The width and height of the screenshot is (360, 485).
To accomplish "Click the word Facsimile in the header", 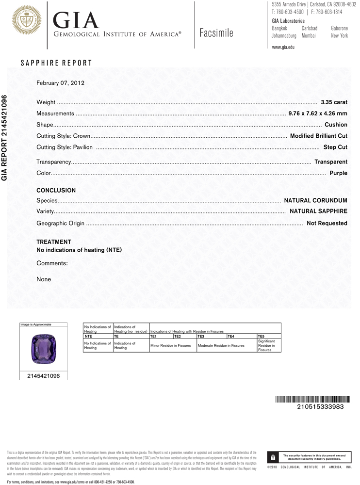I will point(216,33).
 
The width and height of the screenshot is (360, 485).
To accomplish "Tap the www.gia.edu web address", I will point(283,47).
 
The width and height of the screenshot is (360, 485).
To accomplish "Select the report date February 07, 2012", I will point(61,83).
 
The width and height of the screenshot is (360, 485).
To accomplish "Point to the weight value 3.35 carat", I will point(334,102).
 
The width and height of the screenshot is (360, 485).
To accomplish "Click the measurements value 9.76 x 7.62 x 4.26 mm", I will point(318,113).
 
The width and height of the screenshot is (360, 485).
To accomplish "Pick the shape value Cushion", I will point(336,125).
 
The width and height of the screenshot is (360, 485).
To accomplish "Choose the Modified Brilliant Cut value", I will point(318,136).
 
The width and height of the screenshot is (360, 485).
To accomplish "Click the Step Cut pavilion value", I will point(335,147).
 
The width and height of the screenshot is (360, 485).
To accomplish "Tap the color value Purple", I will point(338,173).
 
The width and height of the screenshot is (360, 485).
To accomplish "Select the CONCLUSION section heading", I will point(56,191).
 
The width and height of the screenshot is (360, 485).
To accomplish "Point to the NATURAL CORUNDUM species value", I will point(315,200).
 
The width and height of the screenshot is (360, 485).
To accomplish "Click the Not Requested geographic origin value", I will point(327,223).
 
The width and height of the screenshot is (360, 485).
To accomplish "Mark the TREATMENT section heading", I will point(54,242).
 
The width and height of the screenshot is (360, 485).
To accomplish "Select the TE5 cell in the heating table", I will point(261,336).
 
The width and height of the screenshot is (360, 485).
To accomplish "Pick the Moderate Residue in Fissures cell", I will point(221,345).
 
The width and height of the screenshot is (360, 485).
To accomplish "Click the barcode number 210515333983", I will point(320,406).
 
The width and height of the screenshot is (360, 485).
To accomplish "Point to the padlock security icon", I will point(273,457).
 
